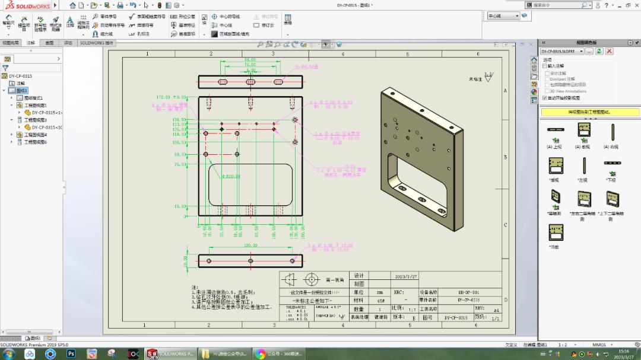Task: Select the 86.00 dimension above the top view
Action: point(250,60)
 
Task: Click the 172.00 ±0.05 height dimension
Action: point(171,97)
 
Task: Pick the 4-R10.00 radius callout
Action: point(231,176)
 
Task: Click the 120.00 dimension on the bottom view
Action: point(250,245)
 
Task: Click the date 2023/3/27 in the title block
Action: point(406,276)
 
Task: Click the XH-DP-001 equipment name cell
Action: point(468,292)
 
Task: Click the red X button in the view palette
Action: point(609,52)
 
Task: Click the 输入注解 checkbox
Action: point(545,66)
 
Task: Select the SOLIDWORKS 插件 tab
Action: point(96,43)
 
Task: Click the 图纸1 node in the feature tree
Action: point(22,91)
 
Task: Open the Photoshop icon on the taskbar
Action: point(71,353)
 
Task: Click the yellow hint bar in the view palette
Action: point(590,112)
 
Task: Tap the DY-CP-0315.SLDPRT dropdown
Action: point(562,52)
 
